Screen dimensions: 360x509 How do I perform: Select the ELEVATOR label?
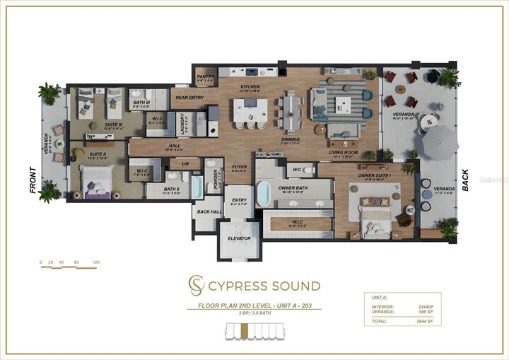point(239,238)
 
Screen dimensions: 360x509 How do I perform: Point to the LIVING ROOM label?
point(343,152)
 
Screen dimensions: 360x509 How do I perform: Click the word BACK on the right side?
point(464,180)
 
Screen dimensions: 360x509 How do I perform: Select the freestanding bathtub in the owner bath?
point(264,193)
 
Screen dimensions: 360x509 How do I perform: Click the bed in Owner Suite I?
point(373,215)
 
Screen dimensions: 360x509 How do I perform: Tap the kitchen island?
point(250,110)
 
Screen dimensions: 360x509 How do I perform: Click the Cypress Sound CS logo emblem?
point(195,286)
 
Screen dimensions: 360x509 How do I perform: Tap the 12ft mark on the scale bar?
point(95,262)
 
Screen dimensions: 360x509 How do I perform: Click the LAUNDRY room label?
point(183,125)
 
